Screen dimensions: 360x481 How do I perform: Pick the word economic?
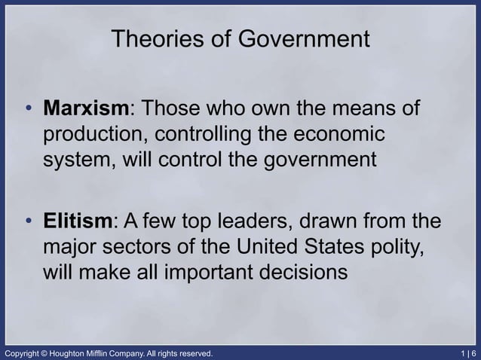coord(334,136)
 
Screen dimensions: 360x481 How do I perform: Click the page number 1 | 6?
coord(466,352)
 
